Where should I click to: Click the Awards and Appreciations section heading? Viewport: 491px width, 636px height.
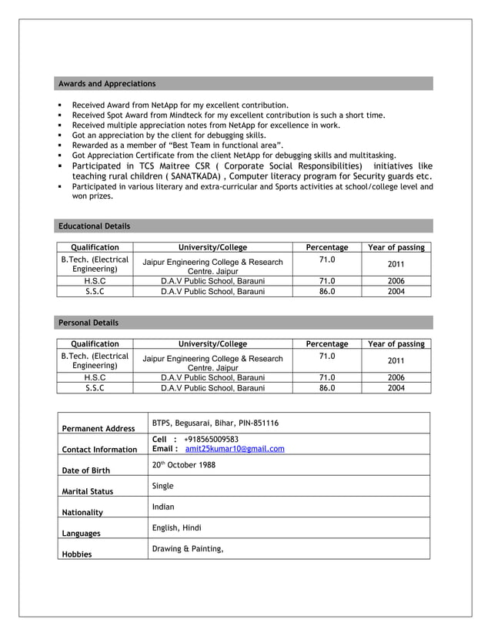point(107,83)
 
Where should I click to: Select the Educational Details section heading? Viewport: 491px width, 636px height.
point(95,226)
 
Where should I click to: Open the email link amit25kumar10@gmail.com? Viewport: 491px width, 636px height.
point(235,449)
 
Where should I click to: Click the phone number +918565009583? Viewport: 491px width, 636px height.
point(211,439)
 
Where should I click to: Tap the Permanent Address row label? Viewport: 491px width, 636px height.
point(98,428)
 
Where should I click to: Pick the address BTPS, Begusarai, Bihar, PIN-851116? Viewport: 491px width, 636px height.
point(215,423)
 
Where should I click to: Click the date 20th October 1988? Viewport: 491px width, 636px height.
point(183,465)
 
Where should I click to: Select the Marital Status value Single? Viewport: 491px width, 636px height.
point(163,486)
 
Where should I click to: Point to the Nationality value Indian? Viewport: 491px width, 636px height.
point(163,507)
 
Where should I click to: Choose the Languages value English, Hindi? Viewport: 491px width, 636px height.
point(177,528)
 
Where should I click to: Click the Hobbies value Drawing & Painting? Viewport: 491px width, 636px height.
point(188,549)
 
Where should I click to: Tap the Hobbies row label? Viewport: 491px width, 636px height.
point(76,554)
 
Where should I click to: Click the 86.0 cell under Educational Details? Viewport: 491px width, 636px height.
point(327,292)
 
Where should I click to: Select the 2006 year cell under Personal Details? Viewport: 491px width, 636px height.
point(396,378)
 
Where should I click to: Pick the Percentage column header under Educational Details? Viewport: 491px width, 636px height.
point(327,247)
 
